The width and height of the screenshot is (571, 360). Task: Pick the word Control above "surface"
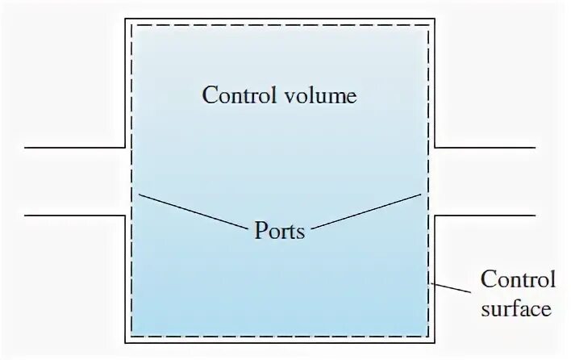point(518,280)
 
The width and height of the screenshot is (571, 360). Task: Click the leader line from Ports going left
point(194,211)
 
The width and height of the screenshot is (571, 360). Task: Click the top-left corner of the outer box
point(125,18)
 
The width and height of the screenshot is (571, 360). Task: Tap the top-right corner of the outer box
point(436,18)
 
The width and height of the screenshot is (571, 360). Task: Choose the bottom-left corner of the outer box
point(125,342)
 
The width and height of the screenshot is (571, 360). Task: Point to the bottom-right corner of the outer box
point(436,342)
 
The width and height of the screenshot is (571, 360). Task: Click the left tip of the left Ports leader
point(140,195)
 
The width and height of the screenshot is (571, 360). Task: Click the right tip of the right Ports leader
point(422,194)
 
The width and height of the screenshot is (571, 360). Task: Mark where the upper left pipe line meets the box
point(125,148)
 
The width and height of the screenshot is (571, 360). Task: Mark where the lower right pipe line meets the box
point(436,216)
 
